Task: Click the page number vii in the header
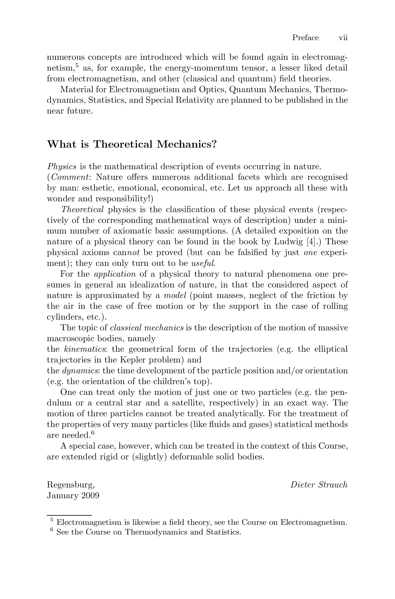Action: [x=343, y=38]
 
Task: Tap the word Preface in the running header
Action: [x=305, y=38]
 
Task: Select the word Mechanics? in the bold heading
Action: [x=187, y=144]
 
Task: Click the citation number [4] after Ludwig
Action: [x=314, y=242]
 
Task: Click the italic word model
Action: [x=175, y=295]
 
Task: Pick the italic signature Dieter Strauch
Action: [x=319, y=485]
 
